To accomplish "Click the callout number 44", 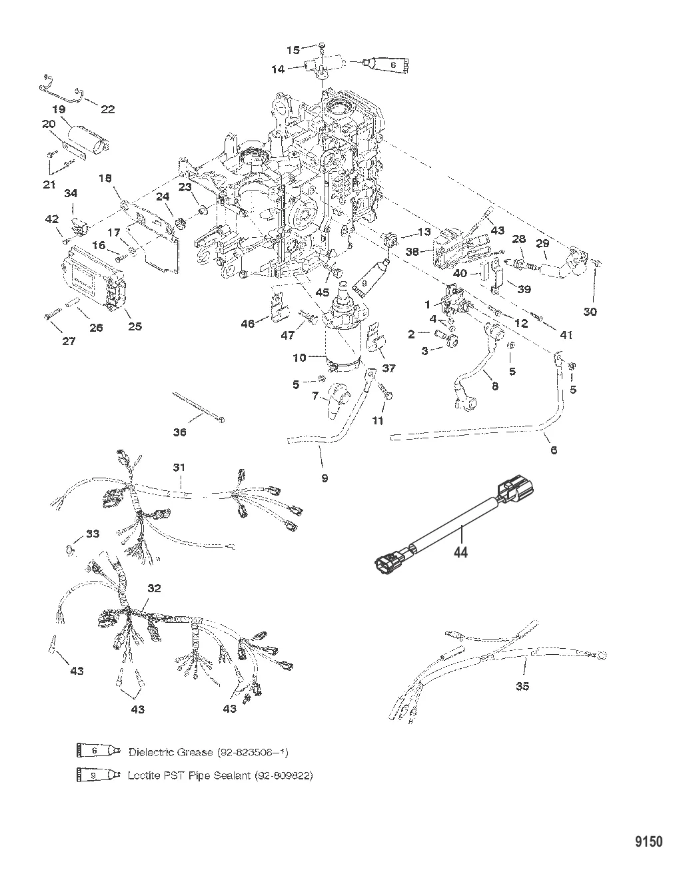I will click(x=460, y=552).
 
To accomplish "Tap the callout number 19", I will click(x=58, y=109).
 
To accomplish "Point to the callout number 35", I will click(x=522, y=686).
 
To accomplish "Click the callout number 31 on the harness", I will click(x=178, y=468).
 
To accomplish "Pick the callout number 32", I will click(x=155, y=589).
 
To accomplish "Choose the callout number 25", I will click(x=135, y=326).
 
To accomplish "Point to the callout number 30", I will click(x=590, y=312).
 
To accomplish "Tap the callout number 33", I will click(x=92, y=534).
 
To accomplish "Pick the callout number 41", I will click(x=566, y=335).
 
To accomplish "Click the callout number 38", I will click(x=412, y=252).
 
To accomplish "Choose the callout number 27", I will click(x=69, y=341).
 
